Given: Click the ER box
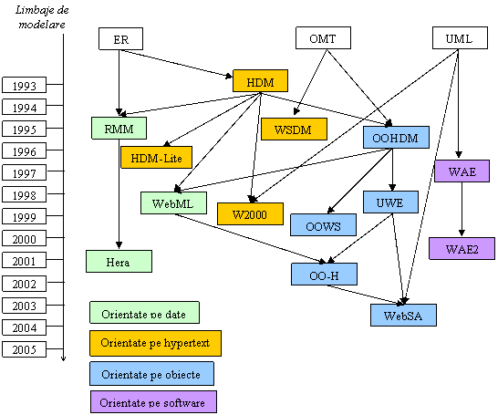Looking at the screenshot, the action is pos(120,38).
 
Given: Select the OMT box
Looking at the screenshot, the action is pos(323,37).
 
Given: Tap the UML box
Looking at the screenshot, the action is pos(460,37).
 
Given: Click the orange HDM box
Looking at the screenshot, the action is pos(260,81).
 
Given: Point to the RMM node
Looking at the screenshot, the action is pos(119,128).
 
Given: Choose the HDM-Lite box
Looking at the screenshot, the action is pos(156,157).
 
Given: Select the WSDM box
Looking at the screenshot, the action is pos(294,129).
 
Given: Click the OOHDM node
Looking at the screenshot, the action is pos(396,137).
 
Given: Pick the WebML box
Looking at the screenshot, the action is pos(173,202).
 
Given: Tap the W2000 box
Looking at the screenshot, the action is pos(250,214).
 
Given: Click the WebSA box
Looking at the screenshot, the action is pos(403,315).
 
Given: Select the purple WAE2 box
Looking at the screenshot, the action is pos(462,249).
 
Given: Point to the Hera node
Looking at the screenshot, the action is pos(119,262).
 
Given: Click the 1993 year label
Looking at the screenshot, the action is pos(24,85).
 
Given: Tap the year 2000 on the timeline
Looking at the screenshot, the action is pos(24,238).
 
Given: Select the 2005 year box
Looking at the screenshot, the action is pos(24,349).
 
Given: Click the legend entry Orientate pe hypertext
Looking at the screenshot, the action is pos(155,343).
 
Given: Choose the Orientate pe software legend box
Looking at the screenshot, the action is pos(153,402).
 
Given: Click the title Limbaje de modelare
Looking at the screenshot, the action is pos(42,17).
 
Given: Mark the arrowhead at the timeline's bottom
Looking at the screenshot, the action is pos(63,359).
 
